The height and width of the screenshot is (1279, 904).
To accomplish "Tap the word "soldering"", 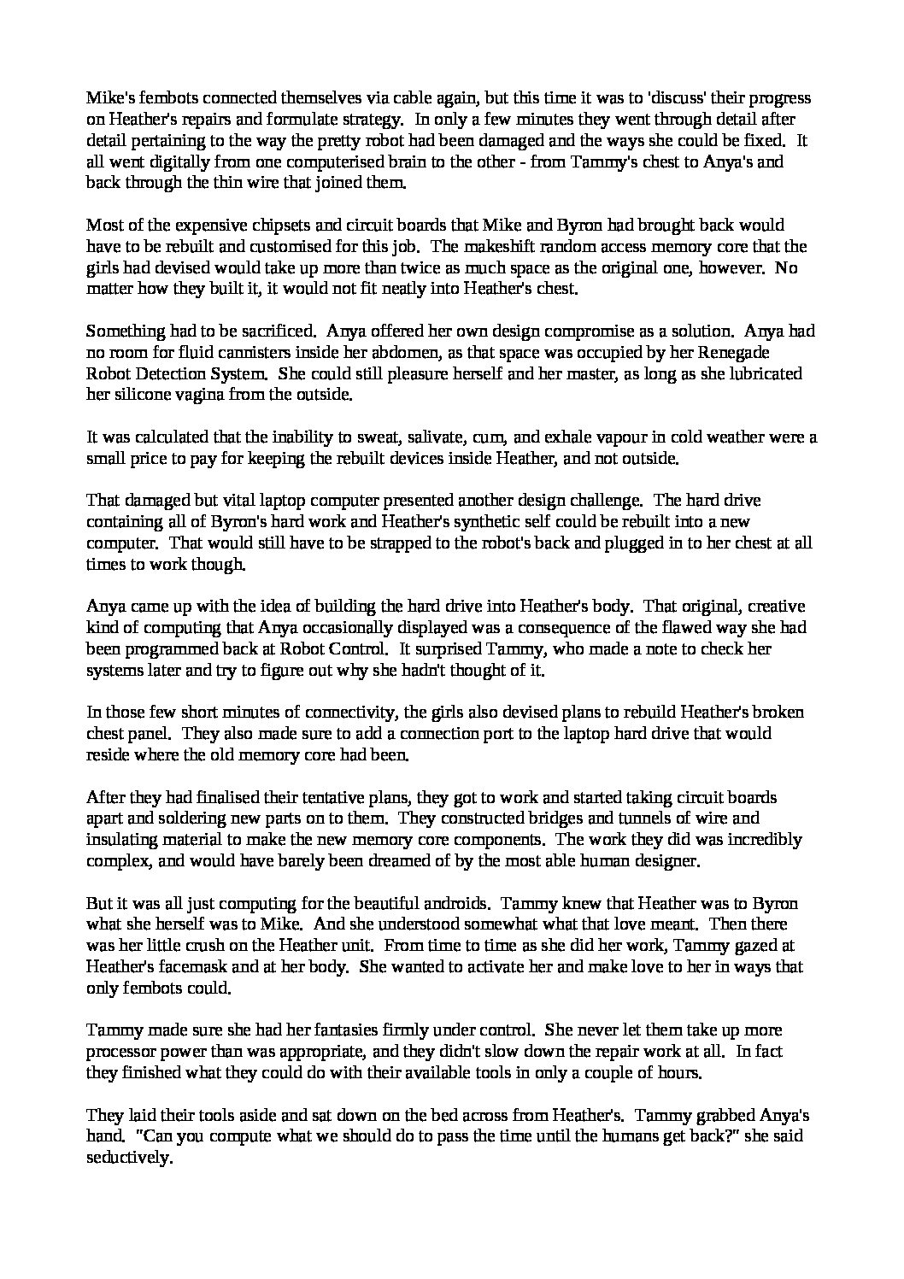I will coord(161,818).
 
